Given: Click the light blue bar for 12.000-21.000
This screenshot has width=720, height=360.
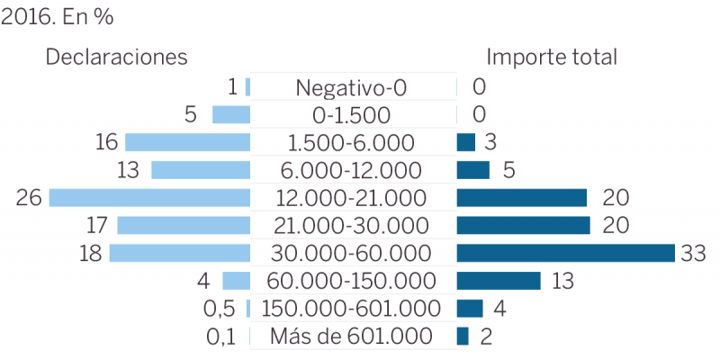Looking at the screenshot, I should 149,198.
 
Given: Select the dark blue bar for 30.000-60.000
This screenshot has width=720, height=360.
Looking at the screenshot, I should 565,253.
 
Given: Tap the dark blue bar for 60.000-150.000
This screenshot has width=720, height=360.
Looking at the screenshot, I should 499,281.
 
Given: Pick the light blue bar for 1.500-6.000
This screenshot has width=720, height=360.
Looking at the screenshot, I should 187,142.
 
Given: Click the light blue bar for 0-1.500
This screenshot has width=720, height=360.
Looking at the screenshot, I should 230,114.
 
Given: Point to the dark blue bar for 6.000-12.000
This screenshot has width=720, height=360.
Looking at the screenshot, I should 473,170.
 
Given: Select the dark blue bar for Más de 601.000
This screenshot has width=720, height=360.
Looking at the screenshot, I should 463,337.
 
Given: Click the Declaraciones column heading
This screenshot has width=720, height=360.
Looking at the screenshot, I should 116,57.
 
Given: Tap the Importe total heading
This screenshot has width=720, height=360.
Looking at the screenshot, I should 552,57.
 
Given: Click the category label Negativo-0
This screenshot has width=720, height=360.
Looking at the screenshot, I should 352,87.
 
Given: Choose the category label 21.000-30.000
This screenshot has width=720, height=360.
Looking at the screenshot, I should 352,226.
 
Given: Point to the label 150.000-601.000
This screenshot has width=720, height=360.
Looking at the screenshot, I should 352,309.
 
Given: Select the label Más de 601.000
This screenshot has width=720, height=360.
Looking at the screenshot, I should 352,337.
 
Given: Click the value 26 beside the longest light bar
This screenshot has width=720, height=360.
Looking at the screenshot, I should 29,198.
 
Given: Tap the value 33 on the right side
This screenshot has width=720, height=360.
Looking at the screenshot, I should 693,254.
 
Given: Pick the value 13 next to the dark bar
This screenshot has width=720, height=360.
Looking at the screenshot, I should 563,281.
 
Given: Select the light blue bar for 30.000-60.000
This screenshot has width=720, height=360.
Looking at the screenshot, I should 179,253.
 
